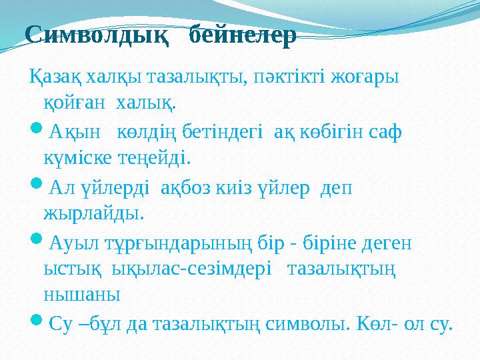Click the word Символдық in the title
point(95,36)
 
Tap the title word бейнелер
point(243,36)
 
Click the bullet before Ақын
point(35,131)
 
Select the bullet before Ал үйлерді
point(35,187)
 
